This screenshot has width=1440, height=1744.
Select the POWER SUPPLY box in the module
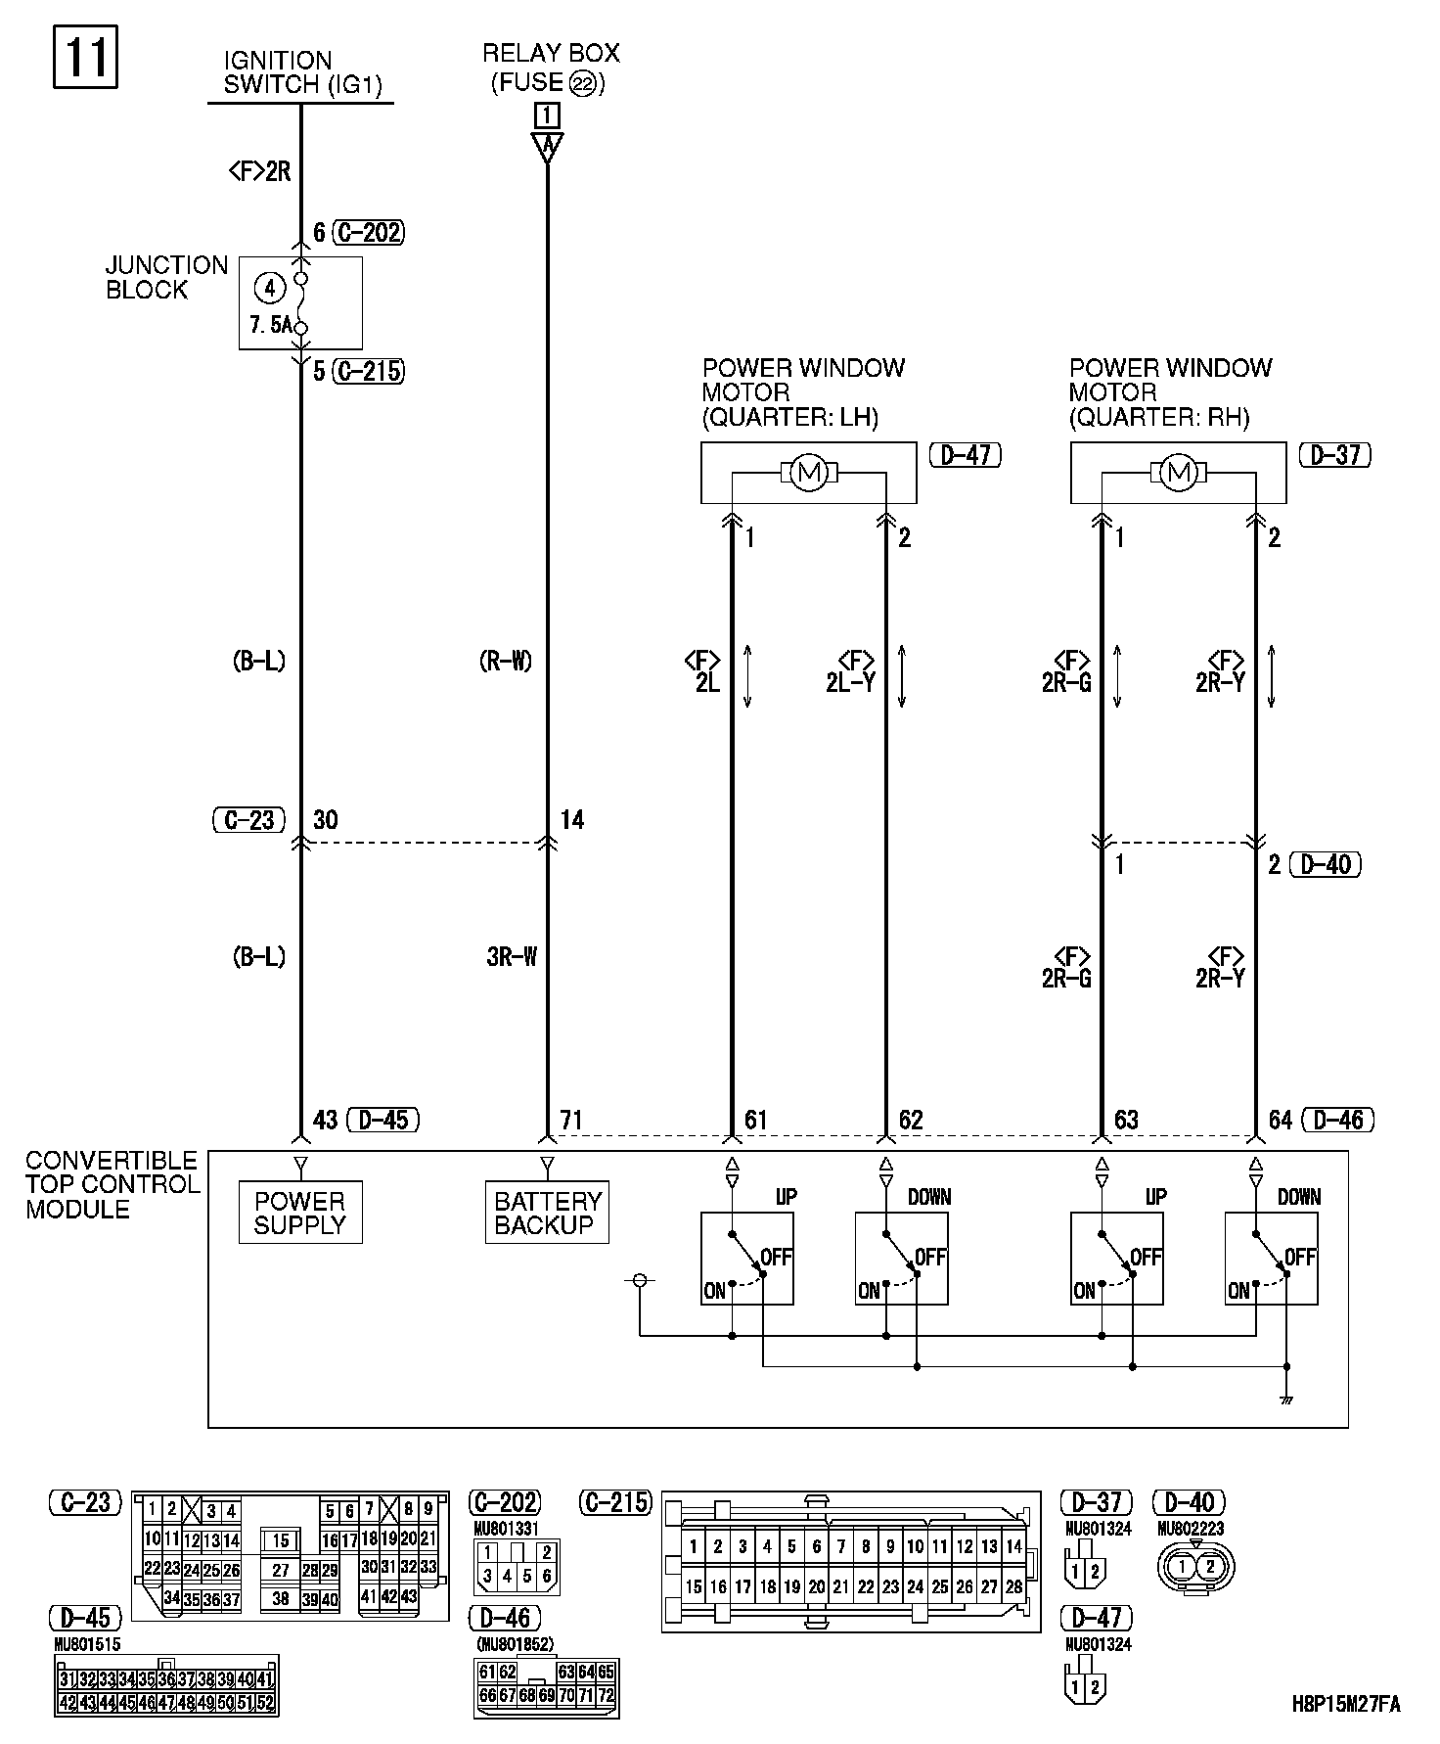[300, 1213]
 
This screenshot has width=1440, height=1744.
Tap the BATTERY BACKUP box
[547, 1213]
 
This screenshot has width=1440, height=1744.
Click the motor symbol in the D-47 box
[808, 474]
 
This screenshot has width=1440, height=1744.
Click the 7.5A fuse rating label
[270, 325]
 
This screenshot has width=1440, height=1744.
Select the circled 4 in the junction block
[269, 288]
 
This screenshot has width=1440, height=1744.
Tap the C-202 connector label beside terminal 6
[368, 232]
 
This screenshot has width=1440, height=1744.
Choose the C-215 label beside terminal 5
[368, 371]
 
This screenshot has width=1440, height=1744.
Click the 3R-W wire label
[512, 956]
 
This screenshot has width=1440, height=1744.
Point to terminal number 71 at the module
[572, 1120]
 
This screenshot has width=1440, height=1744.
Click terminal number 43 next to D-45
[325, 1120]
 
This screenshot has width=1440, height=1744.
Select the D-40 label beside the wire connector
[1326, 864]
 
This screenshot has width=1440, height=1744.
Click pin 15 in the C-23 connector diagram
[281, 1540]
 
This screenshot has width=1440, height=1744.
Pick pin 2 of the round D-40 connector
[1209, 1566]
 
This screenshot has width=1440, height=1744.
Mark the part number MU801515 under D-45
[88, 1645]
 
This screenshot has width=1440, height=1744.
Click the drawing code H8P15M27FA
[1346, 1704]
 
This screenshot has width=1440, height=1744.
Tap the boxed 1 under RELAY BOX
[547, 115]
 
